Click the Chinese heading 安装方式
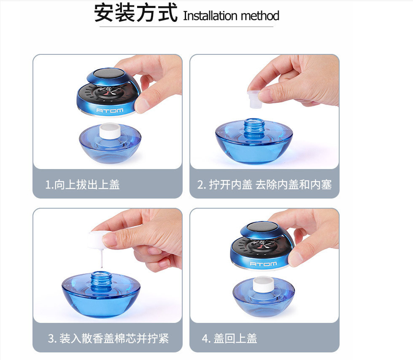136,13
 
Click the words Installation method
231,16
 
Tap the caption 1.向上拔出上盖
82,185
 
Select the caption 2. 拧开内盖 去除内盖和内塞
264,185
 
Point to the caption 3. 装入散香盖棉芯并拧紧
108,338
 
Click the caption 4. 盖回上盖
229,338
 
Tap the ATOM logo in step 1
110,110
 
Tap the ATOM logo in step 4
263,264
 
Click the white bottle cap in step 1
110,131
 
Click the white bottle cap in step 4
264,284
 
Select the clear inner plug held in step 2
255,99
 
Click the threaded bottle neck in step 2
254,128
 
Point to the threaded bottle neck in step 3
101,282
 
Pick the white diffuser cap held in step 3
98,240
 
